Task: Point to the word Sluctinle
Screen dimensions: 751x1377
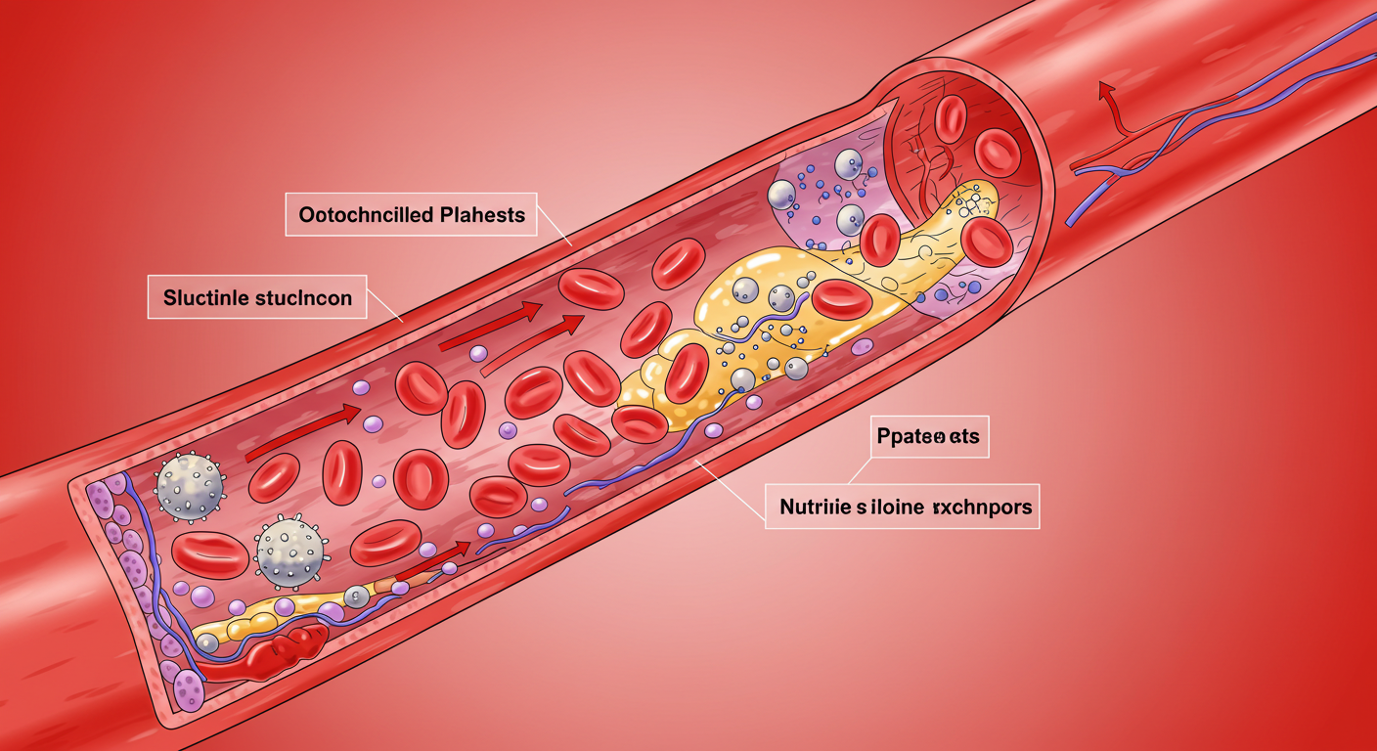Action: pyautogui.click(x=205, y=297)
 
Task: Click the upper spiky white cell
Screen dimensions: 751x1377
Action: pyautogui.click(x=190, y=485)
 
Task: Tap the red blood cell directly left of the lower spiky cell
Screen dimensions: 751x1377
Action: pyautogui.click(x=211, y=554)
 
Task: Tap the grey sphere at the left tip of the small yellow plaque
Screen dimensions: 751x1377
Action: pyautogui.click(x=207, y=641)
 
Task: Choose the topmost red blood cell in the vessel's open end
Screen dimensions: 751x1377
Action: pyautogui.click(x=950, y=117)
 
